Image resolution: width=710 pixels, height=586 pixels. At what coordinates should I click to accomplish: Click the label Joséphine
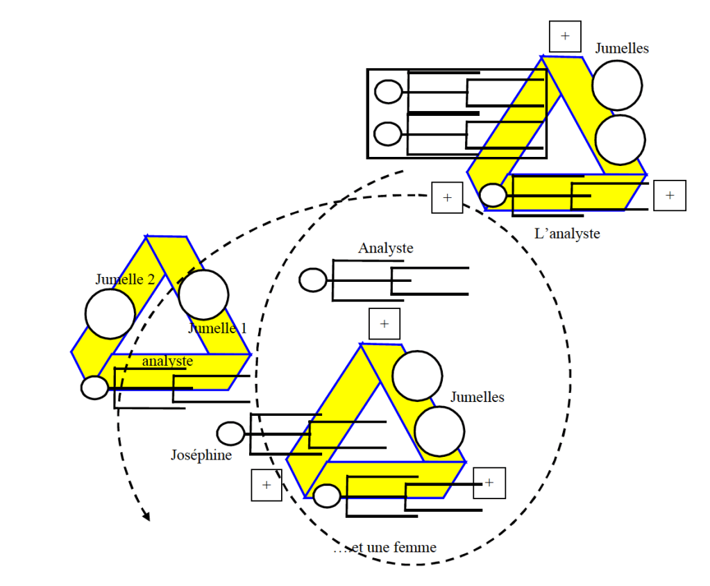pos(201,455)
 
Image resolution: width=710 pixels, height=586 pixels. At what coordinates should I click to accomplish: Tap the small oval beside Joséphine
pos(230,433)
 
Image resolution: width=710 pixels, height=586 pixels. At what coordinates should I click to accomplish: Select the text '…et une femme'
pos(384,548)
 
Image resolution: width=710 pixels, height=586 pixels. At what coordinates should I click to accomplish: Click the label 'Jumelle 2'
pos(126,279)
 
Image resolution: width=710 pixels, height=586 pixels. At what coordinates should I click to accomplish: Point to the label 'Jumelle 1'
pos(218,328)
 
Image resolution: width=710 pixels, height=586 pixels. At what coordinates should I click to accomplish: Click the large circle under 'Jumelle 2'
pos(110,314)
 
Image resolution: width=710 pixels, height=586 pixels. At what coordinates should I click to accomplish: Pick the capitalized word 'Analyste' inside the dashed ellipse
pos(386,248)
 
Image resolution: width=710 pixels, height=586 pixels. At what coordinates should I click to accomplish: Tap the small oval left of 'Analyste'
pos(312,280)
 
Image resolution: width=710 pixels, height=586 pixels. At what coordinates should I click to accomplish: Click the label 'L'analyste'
pos(567,234)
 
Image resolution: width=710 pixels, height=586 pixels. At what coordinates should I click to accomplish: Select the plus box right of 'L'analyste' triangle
pos(669,195)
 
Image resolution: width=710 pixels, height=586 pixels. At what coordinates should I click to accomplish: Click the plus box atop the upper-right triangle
pos(565,36)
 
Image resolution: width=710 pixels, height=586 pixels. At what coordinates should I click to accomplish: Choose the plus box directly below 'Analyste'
pos(384,324)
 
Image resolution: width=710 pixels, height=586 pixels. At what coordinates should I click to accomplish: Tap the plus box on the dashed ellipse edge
pos(447,198)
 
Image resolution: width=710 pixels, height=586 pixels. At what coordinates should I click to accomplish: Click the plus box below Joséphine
pos(267,485)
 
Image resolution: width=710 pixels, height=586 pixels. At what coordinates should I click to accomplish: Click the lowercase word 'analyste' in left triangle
pos(167,361)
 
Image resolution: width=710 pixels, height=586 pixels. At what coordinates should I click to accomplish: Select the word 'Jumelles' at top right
pos(622,48)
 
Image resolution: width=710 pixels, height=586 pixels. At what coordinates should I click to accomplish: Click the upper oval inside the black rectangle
pos(388,92)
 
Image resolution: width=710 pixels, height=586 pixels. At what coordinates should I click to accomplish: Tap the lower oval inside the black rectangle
pos(388,133)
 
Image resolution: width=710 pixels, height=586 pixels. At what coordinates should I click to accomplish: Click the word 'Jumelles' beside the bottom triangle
pos(477,397)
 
